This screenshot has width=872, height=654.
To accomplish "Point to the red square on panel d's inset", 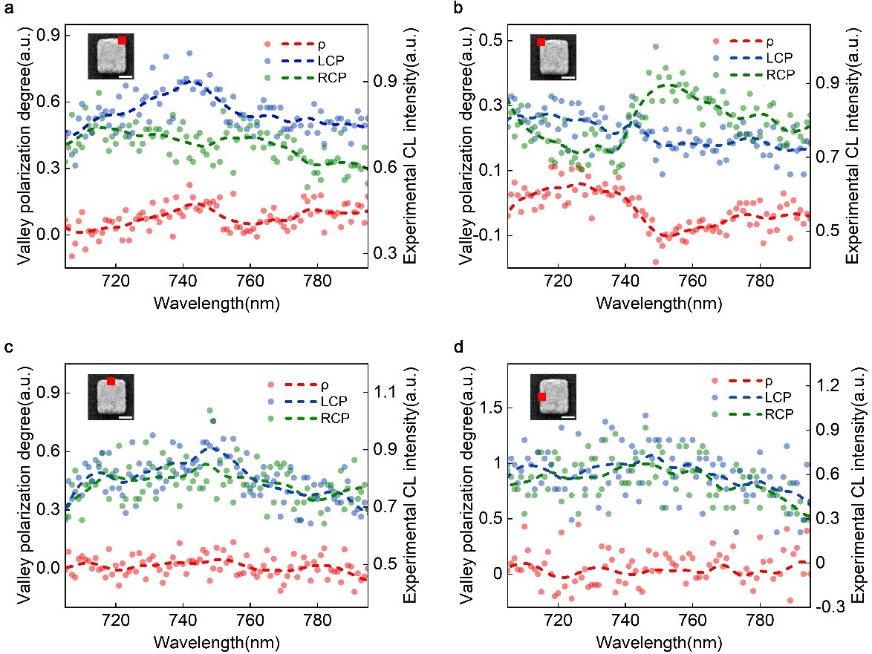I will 542,397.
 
